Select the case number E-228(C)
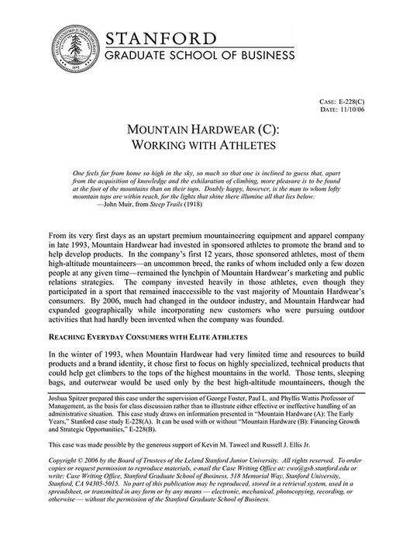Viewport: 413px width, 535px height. point(366,102)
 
